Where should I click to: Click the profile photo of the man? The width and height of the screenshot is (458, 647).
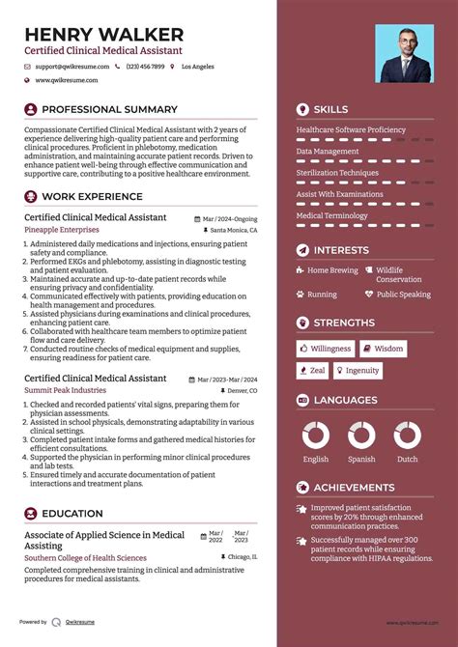tap(405, 53)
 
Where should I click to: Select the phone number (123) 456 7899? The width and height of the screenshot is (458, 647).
tap(145, 67)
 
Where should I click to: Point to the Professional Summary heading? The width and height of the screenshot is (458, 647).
tap(108, 110)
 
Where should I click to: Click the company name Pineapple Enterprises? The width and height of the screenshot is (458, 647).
tap(62, 231)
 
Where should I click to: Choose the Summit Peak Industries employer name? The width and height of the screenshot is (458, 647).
tap(66, 390)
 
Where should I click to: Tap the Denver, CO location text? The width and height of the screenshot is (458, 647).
tap(240, 390)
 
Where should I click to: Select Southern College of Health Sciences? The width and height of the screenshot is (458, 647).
tap(85, 558)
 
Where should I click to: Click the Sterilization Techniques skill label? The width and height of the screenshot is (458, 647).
tap(337, 173)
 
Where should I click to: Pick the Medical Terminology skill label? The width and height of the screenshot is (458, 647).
tap(331, 216)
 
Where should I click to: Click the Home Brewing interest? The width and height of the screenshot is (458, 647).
tap(332, 270)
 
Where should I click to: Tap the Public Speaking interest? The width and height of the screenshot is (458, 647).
tap(403, 295)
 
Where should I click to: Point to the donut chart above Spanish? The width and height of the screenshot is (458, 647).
tap(361, 435)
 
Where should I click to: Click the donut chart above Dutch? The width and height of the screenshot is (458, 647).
tap(407, 435)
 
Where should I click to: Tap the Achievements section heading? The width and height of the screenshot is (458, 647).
tap(354, 488)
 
